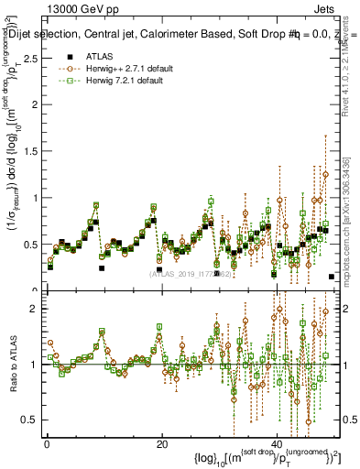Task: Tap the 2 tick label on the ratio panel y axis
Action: [34, 309]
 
